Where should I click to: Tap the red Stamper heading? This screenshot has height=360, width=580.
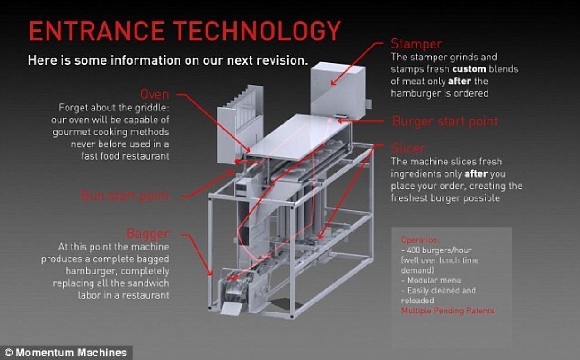click(416, 44)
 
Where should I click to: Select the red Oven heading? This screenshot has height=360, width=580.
click(155, 95)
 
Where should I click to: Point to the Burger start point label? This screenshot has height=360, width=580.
click(445, 121)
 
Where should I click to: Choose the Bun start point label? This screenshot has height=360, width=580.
click(125, 196)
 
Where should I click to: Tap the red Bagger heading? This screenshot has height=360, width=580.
click(147, 234)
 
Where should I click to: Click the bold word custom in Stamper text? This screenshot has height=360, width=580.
click(469, 69)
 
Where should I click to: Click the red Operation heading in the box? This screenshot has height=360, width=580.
click(420, 240)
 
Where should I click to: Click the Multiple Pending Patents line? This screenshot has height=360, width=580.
click(448, 311)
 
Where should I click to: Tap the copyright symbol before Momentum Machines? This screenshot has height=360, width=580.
click(9, 352)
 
